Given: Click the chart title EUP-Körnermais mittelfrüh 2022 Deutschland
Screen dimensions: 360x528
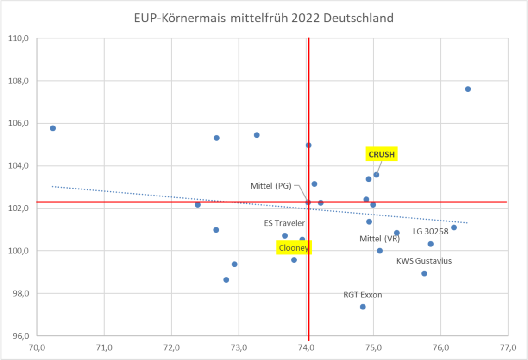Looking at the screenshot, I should [264, 19].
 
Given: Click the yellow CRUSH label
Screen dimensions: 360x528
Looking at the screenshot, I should [382, 154].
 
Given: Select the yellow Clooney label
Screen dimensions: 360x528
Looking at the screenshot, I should [294, 248].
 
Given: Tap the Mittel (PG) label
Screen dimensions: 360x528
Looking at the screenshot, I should [271, 186].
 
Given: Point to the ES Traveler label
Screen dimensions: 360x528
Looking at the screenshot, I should [284, 223].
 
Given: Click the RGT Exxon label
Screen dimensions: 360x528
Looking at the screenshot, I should [363, 295].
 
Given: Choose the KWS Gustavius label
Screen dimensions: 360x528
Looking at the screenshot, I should [424, 261].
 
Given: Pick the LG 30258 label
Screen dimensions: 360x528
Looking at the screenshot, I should [430, 232].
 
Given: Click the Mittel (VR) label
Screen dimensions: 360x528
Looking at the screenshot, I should [380, 239].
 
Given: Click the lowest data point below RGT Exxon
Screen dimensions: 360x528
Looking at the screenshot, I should [363, 307].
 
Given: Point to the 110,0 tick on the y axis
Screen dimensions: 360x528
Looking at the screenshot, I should [19, 38].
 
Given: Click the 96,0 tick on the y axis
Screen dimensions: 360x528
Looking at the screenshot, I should [20, 336].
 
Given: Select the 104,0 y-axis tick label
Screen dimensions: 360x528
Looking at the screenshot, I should [19, 166].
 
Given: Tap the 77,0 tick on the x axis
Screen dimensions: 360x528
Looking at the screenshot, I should [508, 347].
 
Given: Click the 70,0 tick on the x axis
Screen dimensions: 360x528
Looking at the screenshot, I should [37, 347].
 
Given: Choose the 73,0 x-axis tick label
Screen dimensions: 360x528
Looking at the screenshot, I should [239, 347].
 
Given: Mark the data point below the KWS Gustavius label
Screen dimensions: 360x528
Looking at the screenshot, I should [424, 273].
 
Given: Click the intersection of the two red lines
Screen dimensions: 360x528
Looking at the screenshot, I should [308, 202].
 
